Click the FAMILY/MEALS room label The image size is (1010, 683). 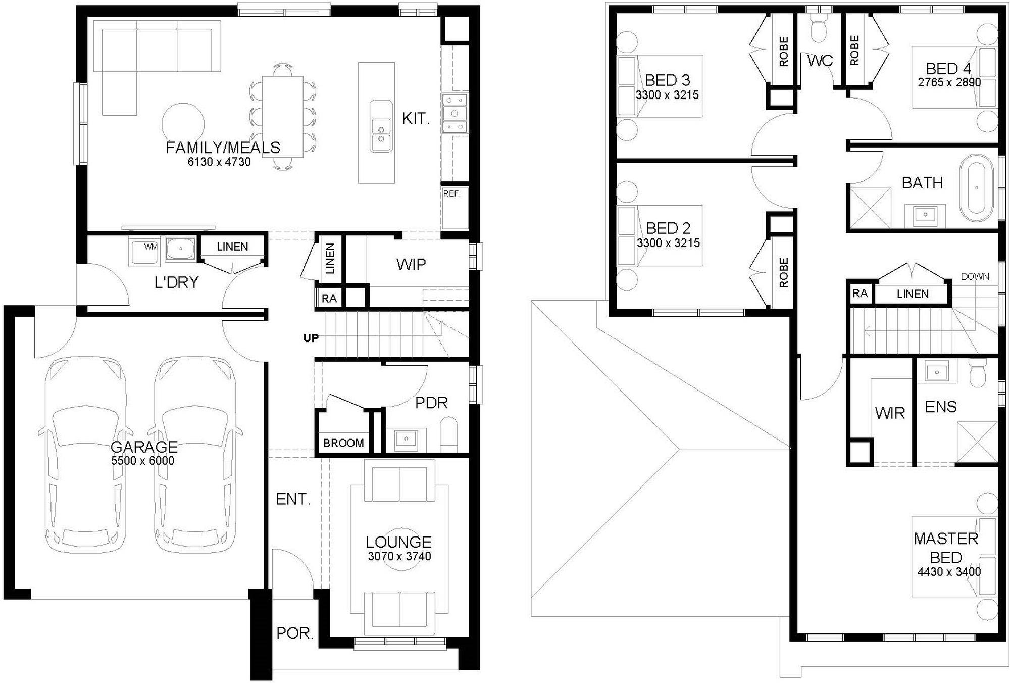(223, 148)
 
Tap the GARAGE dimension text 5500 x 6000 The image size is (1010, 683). (142, 461)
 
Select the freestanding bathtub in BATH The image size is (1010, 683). (977, 188)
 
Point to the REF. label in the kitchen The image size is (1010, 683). (451, 193)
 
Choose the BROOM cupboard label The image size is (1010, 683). (343, 443)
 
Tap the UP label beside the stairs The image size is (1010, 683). (311, 338)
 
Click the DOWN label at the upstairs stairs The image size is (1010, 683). (975, 276)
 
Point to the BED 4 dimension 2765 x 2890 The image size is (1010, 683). (949, 82)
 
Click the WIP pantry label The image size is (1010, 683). (411, 264)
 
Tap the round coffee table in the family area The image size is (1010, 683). (183, 124)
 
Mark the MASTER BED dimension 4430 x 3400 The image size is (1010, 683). (949, 572)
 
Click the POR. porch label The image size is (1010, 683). (295, 633)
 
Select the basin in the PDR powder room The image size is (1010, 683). (406, 440)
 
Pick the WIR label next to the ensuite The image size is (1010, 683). (890, 413)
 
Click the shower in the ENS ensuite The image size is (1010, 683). (977, 442)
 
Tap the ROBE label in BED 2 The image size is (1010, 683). (783, 273)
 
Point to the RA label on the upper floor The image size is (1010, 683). (860, 293)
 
